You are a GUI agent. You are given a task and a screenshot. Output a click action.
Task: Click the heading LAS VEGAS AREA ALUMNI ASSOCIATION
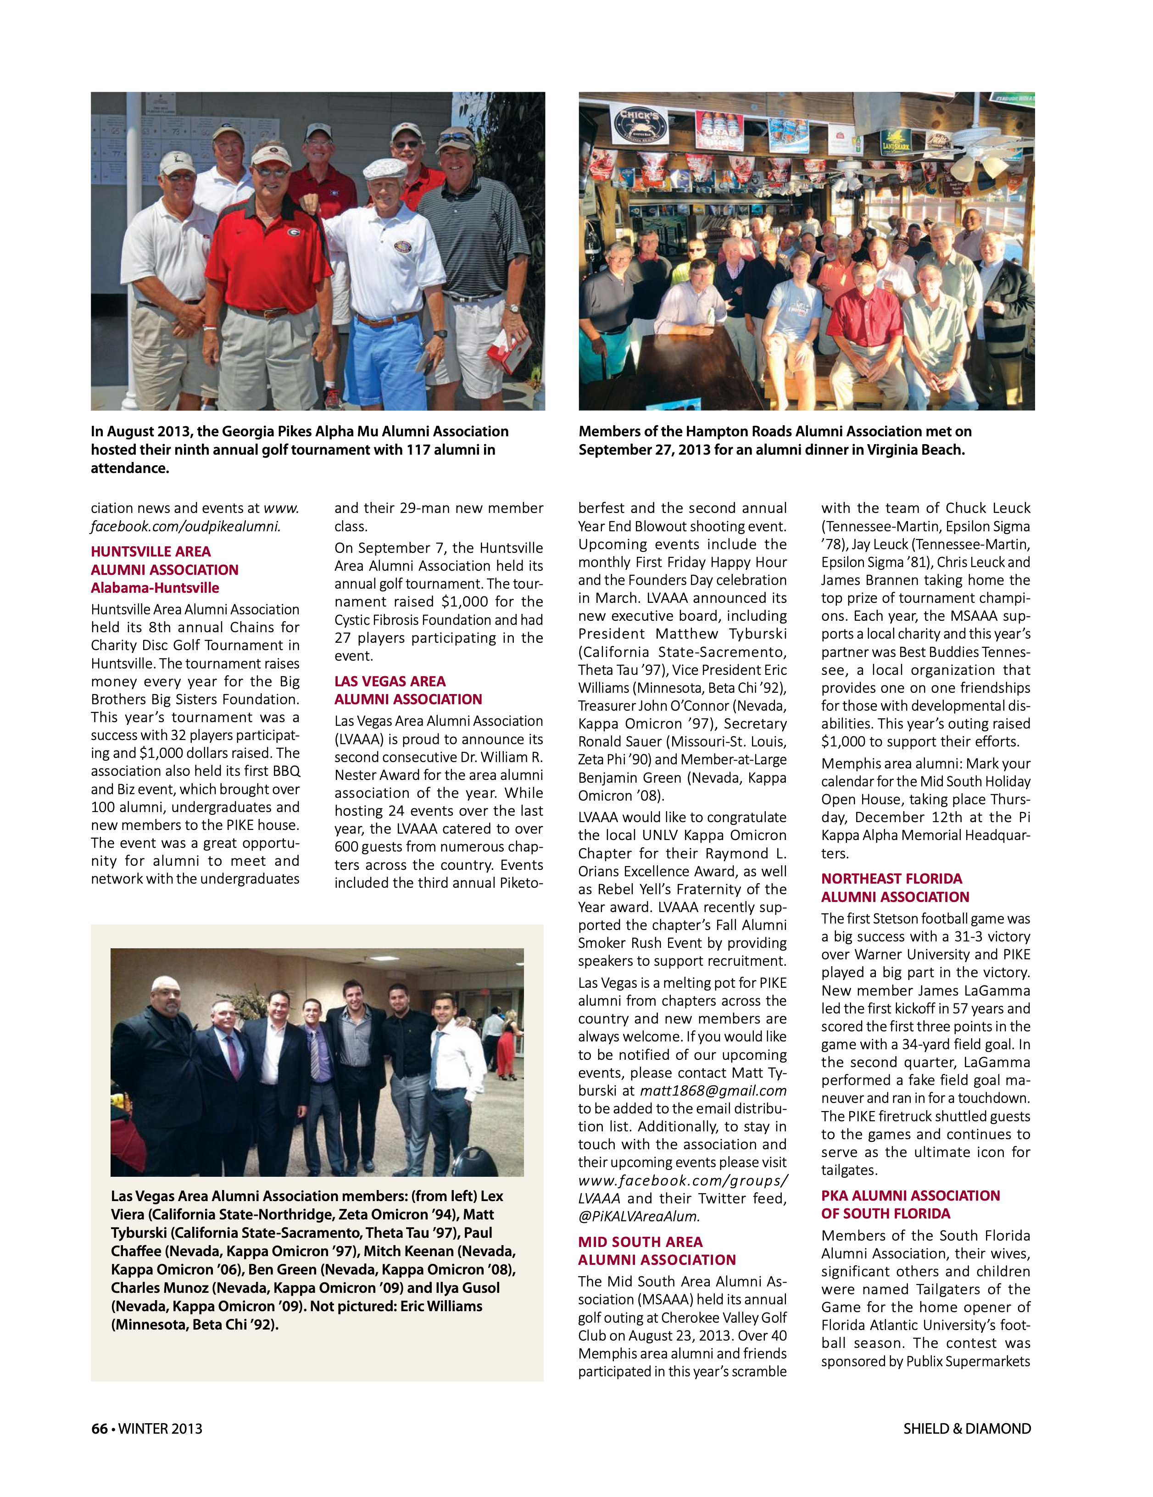[x=408, y=690]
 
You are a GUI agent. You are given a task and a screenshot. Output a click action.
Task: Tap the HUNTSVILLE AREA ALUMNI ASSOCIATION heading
[x=165, y=560]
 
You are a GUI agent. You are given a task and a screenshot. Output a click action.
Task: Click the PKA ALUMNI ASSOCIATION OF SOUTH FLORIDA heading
[x=910, y=1204]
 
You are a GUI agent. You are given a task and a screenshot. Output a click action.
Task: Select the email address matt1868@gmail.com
[x=713, y=1091]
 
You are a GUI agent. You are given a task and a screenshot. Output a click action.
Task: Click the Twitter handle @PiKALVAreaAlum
[x=639, y=1216]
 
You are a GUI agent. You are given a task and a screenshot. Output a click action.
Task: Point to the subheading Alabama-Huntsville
[x=155, y=587]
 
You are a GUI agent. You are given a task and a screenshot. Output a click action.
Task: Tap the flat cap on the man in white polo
[x=385, y=168]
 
